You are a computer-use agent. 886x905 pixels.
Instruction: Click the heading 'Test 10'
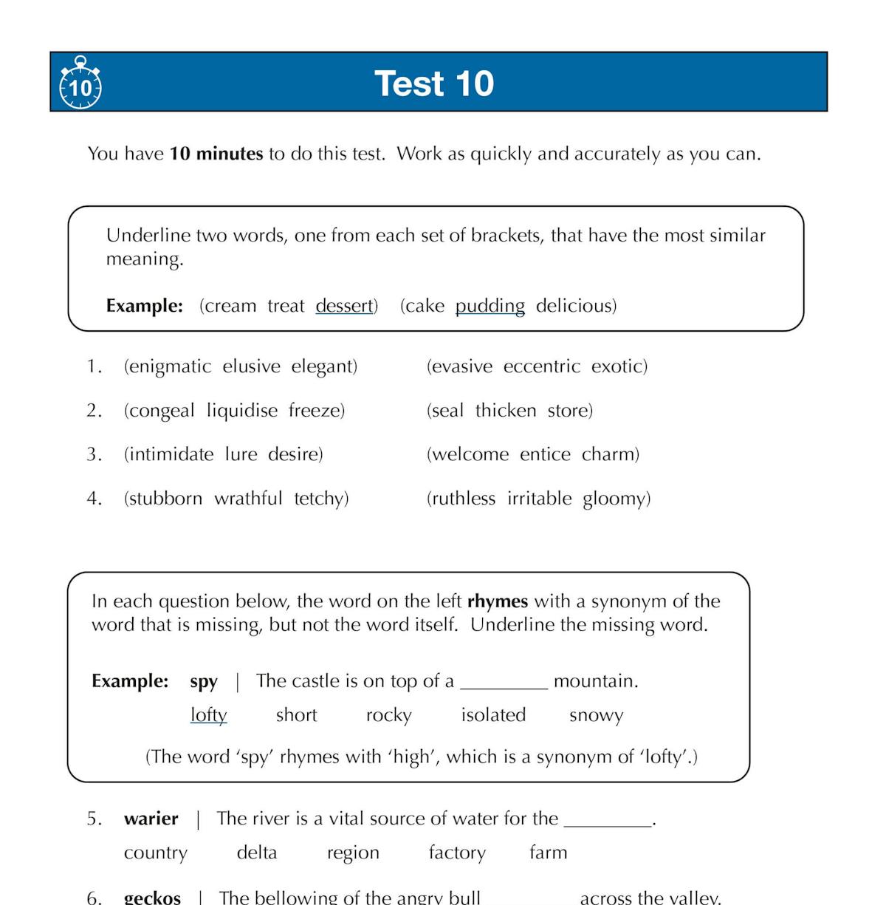[434, 83]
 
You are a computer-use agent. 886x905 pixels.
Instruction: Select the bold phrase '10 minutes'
[216, 154]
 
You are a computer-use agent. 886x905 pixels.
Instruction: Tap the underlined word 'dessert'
[344, 306]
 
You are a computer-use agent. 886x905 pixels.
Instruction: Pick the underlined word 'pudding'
[490, 306]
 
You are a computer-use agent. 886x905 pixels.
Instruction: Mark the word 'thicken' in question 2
[506, 411]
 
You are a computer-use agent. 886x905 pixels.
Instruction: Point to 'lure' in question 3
[241, 454]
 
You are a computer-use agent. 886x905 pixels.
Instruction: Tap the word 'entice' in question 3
[545, 454]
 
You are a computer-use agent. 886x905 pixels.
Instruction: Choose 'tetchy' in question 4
[320, 499]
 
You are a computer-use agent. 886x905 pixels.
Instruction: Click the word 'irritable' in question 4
[539, 499]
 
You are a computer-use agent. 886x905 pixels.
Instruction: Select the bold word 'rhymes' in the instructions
[498, 601]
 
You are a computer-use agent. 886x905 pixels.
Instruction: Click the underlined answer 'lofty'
[208, 715]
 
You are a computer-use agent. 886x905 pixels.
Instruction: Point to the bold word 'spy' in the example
[203, 681]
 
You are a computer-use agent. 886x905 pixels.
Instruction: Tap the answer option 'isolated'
[493, 715]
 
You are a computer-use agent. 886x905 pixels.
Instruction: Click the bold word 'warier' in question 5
[151, 819]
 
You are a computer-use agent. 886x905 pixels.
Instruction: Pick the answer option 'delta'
[256, 853]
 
